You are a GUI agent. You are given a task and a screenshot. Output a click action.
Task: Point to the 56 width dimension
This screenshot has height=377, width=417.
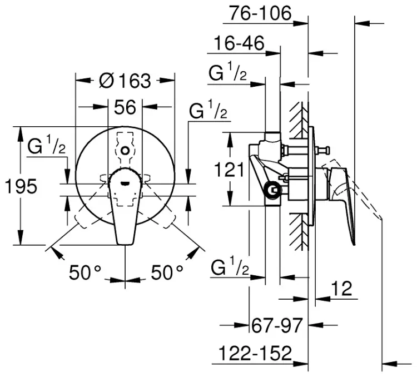click(x=125, y=107)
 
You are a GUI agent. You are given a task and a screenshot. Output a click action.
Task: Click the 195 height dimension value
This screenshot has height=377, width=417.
click(x=21, y=186)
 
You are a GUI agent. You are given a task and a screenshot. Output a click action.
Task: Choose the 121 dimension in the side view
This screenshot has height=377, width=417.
click(x=229, y=170)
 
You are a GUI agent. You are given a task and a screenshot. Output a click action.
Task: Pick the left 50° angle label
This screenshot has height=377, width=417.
click(x=85, y=272)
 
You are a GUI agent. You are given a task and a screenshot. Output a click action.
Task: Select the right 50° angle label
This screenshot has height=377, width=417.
click(x=167, y=272)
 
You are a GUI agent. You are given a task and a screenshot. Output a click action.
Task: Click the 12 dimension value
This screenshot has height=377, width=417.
click(x=342, y=289)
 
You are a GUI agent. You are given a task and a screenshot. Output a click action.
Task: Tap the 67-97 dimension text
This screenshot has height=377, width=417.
click(x=277, y=325)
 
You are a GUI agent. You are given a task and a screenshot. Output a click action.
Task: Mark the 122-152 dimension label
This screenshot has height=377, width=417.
click(x=255, y=353)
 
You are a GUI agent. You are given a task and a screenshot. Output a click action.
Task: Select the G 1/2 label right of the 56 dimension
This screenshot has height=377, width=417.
click(x=209, y=110)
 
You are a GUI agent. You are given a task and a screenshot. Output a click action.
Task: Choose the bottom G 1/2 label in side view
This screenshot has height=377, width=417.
click(x=230, y=266)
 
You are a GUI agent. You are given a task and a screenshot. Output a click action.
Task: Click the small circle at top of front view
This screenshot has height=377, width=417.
click(x=125, y=151)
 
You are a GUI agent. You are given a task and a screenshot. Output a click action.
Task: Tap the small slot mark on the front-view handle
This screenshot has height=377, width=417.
click(x=125, y=183)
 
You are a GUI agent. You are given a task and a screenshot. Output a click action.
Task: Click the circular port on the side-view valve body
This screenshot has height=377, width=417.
click(x=272, y=190)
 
